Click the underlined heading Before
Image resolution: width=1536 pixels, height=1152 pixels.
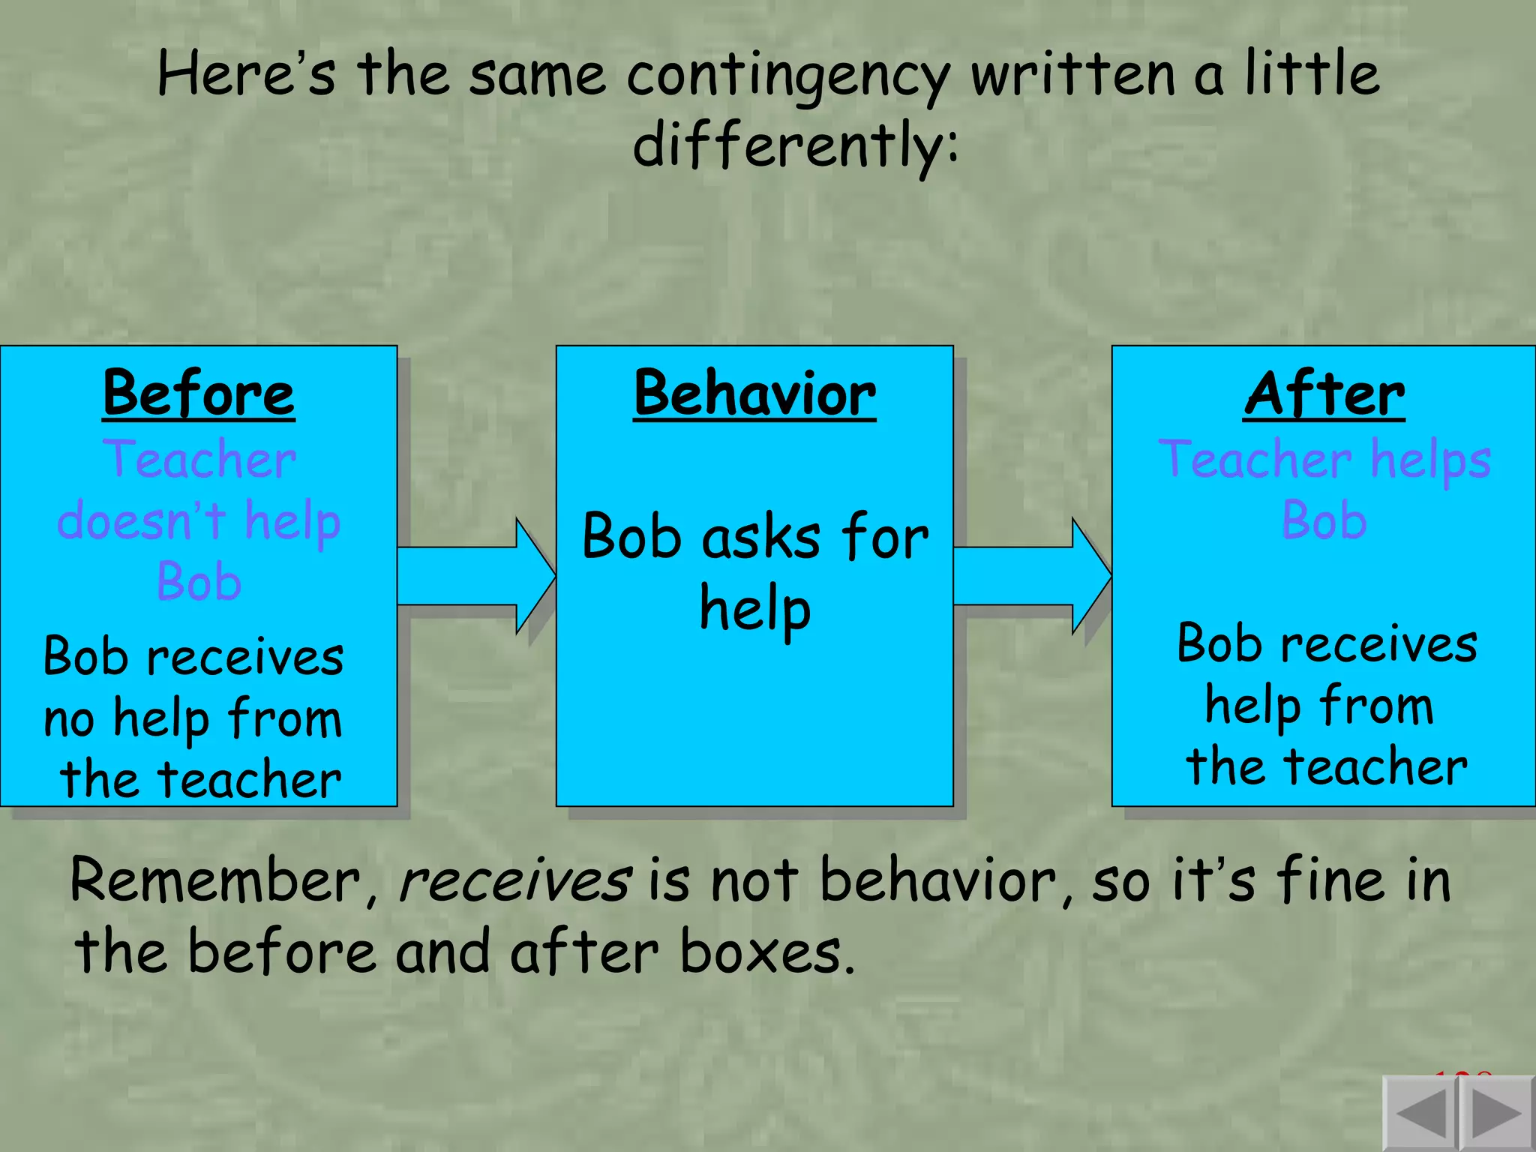click(199, 394)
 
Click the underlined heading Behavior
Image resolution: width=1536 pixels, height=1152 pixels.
click(754, 394)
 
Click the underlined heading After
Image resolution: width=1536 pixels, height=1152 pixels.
click(1324, 394)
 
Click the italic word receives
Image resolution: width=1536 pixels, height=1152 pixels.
click(514, 881)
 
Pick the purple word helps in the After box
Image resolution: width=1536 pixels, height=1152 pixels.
click(1430, 460)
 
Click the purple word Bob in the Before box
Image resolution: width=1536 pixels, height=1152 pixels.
click(199, 581)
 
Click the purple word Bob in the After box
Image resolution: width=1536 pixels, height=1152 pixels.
click(1324, 520)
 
